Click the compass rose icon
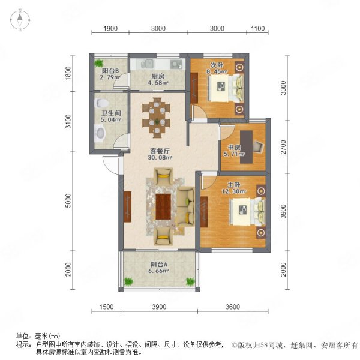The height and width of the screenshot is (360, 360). coord(20,20)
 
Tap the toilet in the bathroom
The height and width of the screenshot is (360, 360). coord(101,103)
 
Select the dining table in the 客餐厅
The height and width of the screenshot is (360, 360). coord(157,118)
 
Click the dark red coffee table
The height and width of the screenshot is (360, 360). coord(163,206)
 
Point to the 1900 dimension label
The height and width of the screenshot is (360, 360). coord(110,28)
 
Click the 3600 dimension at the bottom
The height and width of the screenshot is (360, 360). coord(233,307)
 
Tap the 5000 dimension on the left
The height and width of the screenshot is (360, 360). coord(68,200)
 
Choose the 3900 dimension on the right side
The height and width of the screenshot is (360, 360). coord(284,211)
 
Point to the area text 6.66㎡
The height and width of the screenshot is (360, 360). coord(158,271)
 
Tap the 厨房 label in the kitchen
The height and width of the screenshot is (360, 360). coord(158,76)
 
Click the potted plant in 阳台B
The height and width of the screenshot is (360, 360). coord(99,63)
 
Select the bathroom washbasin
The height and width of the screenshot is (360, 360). coord(100,133)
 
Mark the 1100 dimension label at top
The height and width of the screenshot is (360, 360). coord(257,28)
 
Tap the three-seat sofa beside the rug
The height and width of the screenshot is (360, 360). coord(186,206)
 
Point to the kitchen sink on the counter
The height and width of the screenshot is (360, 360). coord(148,64)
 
